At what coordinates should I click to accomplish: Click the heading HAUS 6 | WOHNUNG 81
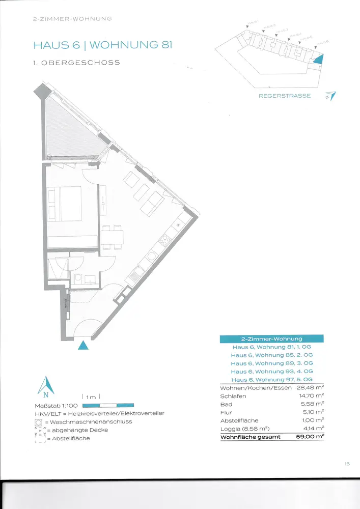(102, 45)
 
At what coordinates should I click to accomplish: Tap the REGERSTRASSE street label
(285, 96)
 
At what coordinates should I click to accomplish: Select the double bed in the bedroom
(64, 204)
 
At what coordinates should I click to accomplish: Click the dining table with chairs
(112, 237)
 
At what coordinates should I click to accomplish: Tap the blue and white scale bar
(108, 405)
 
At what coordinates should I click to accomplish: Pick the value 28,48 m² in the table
(310, 388)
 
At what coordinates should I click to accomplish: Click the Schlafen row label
(233, 396)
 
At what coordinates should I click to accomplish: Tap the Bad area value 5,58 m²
(312, 404)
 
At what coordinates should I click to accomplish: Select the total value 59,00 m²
(310, 437)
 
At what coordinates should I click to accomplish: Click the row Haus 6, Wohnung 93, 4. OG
(271, 372)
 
